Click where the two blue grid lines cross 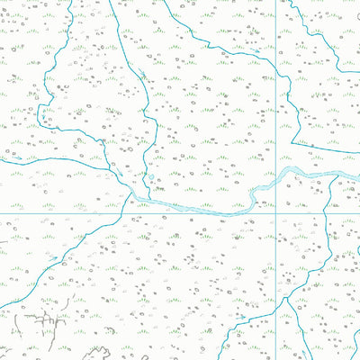(x=275, y=213)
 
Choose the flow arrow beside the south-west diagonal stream (x=54, y=260)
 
